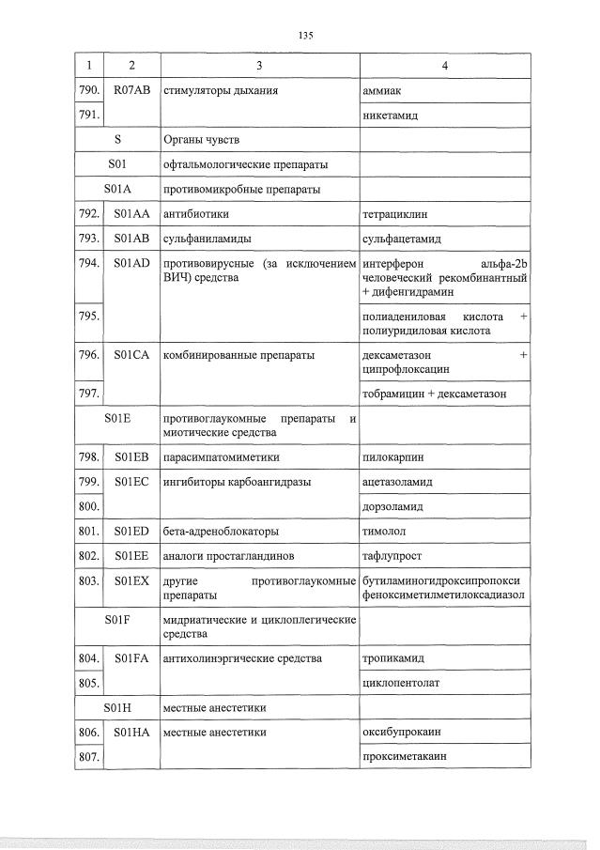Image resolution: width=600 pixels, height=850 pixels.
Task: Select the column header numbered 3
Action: [x=259, y=66]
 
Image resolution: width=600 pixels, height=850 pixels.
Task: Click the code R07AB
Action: [x=131, y=91]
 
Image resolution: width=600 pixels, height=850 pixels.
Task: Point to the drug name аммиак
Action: [x=380, y=91]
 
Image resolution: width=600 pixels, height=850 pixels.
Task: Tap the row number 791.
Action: [x=88, y=116]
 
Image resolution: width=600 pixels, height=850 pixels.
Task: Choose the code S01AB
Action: [x=131, y=240]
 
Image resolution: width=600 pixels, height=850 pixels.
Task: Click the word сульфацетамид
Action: [x=401, y=240]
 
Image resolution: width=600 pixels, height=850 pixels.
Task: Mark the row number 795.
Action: [x=88, y=317]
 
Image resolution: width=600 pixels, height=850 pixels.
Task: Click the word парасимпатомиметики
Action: [x=222, y=457]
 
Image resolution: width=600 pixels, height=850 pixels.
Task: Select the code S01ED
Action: [x=131, y=532]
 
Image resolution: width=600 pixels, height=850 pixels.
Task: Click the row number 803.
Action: [x=88, y=581]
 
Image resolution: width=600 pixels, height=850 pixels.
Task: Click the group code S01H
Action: [x=118, y=707]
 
